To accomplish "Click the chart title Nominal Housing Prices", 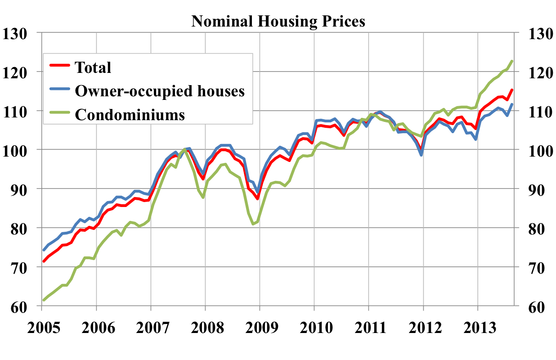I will pos(278,21).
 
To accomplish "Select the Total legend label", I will pos(93,67).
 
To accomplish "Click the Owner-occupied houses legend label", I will pos(160,91).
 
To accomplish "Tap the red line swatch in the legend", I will pos(59,67).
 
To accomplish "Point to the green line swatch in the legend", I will pos(59,115).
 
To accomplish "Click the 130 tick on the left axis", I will pos(16,33).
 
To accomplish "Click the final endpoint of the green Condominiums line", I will pos(512,61).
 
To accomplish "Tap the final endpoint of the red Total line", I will pos(512,90).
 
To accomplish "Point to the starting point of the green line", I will pos(44,300).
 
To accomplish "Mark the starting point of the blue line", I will pos(44,250).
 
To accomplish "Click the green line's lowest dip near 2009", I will pos(253,224).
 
